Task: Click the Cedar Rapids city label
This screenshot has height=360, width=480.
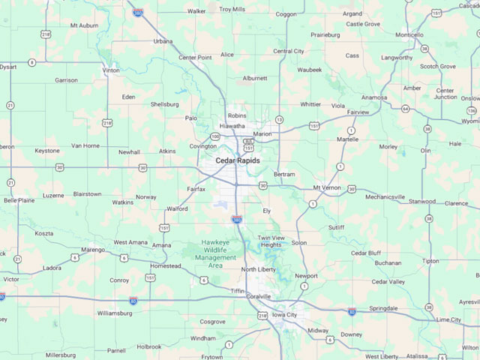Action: click(238, 160)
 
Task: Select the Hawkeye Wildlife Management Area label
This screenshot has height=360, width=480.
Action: click(216, 253)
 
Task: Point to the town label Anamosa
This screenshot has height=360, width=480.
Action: click(373, 97)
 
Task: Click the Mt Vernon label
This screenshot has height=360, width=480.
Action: click(326, 187)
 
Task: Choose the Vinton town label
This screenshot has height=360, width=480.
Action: click(111, 70)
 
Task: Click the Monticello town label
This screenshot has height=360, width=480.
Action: click(409, 34)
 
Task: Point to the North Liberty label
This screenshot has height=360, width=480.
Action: click(259, 268)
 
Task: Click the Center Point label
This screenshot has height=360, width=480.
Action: click(195, 57)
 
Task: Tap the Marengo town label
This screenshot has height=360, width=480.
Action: click(93, 250)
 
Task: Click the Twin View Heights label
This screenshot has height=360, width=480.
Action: click(271, 241)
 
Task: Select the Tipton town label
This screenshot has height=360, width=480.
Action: click(430, 261)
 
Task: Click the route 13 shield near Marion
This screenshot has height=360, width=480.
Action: click(279, 119)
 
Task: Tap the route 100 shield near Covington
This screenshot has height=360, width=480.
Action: click(215, 136)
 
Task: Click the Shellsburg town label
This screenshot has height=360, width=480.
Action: click(165, 104)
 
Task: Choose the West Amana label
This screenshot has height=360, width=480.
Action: click(130, 242)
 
